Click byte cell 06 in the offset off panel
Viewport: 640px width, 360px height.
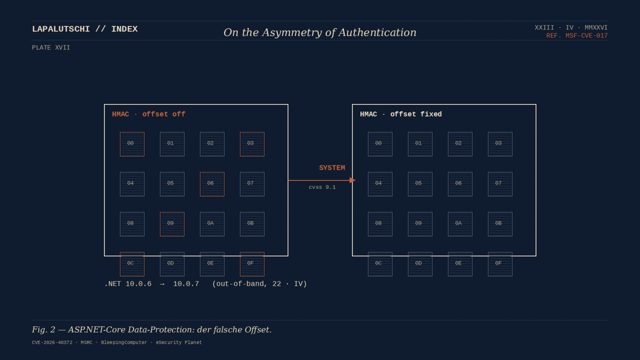212,184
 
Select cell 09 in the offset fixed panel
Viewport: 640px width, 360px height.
420,224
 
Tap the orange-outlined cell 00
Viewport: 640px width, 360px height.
132,144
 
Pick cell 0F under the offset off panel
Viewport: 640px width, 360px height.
252,264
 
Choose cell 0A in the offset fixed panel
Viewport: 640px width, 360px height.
460,224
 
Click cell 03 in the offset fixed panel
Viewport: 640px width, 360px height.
500,144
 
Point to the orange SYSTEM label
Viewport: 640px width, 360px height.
332,168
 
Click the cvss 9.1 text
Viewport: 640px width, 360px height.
322,187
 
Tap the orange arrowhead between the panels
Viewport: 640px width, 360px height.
352,180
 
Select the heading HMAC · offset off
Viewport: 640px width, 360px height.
148,114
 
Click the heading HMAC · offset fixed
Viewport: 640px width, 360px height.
401,114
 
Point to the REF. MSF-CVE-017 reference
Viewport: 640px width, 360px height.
577,36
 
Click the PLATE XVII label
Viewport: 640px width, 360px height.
51,48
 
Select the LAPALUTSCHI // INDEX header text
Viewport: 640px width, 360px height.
85,29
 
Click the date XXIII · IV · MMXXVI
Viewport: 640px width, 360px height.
571,28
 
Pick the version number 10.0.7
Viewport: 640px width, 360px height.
186,284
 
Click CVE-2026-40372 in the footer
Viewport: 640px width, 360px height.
52,342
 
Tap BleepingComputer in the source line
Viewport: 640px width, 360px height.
124,342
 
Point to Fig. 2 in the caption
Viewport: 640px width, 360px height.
44,330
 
